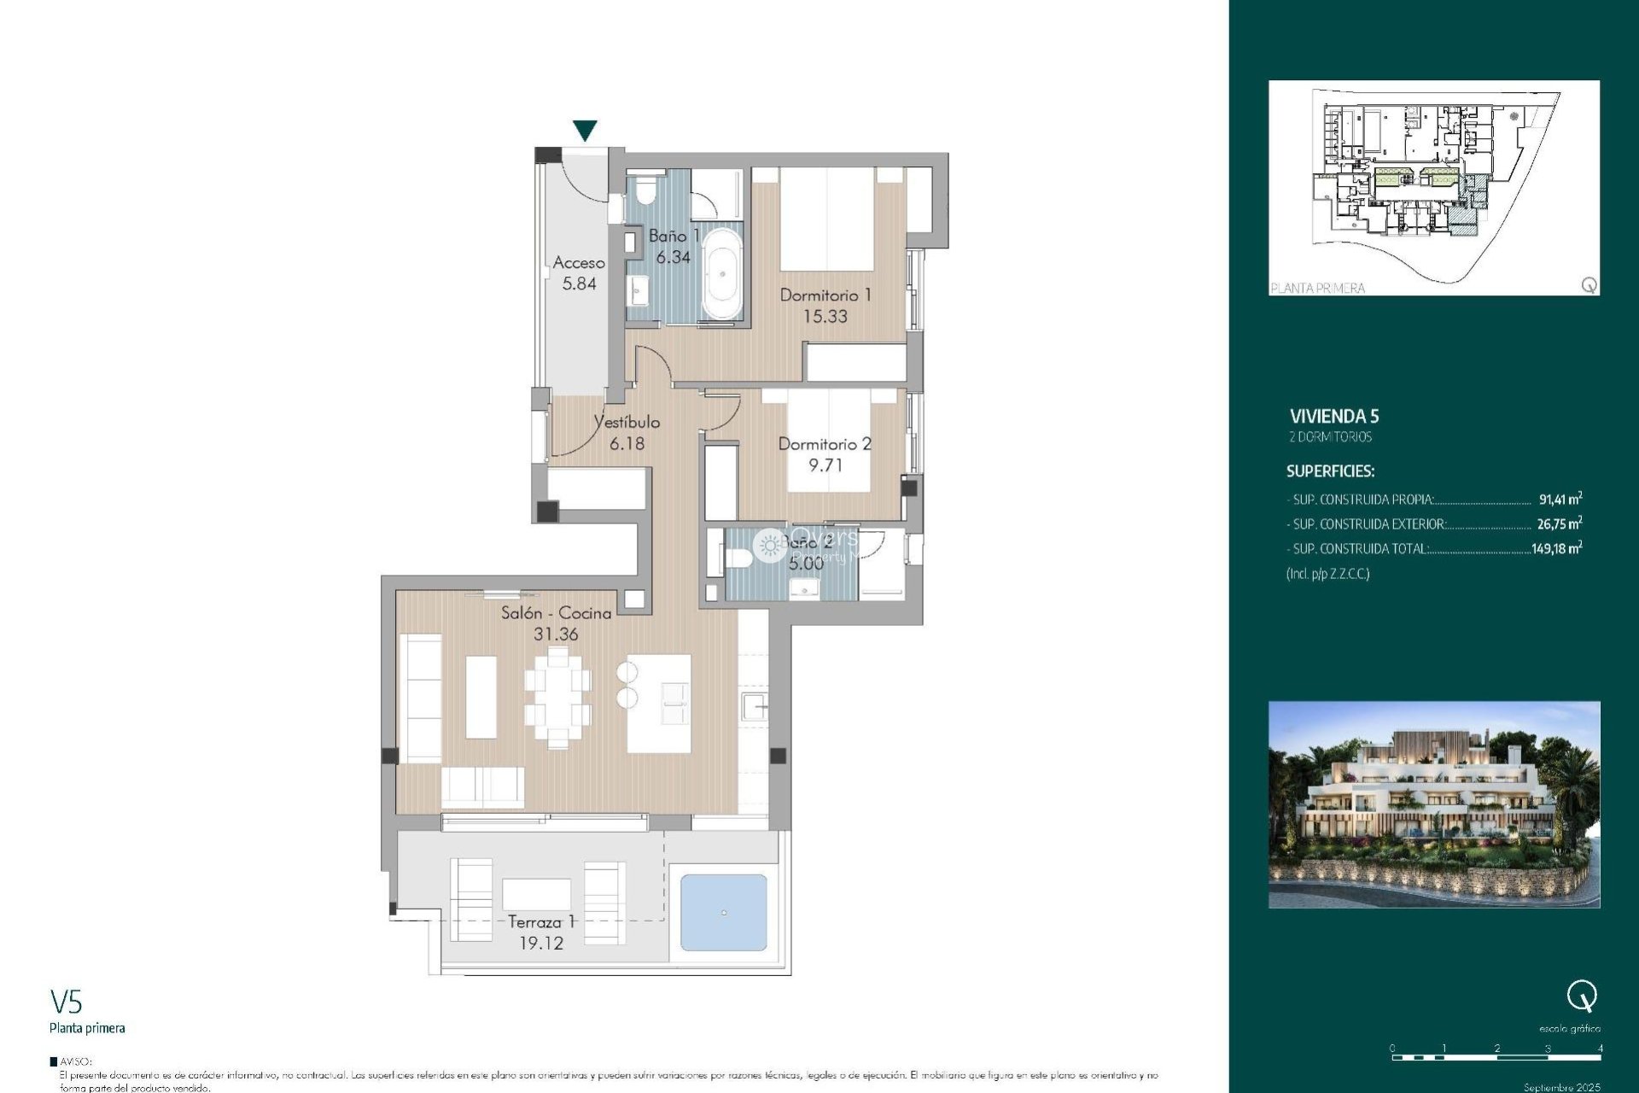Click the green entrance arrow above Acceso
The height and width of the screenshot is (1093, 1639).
coord(585,130)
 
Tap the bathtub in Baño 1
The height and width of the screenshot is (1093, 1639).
coord(722,273)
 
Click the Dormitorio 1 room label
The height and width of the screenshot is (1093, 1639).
coord(825,295)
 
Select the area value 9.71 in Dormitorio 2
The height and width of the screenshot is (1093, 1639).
coord(825,465)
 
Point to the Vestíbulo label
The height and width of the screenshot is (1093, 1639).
coord(627,422)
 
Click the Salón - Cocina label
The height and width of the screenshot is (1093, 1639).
coord(556,613)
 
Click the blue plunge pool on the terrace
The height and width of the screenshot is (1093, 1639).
coord(723,913)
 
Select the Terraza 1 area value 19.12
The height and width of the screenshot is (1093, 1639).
coord(541,944)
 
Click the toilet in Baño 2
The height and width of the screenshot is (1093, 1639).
coord(738,558)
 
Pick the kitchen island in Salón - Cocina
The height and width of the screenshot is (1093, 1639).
coord(658,704)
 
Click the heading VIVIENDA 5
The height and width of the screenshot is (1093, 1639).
coord(1333,417)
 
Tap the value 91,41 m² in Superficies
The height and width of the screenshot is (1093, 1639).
coord(1560,500)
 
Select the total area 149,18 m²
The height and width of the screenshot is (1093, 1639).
coord(1555,549)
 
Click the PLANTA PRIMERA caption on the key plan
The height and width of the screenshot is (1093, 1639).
coord(1317,289)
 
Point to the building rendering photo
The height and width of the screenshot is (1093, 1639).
coord(1433,804)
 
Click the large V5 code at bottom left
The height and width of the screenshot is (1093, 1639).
coord(66,1002)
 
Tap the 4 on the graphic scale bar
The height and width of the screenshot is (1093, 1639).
coord(1600,1048)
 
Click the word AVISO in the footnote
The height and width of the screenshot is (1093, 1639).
coord(76,1061)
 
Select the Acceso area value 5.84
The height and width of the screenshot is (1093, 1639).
coord(579,284)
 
